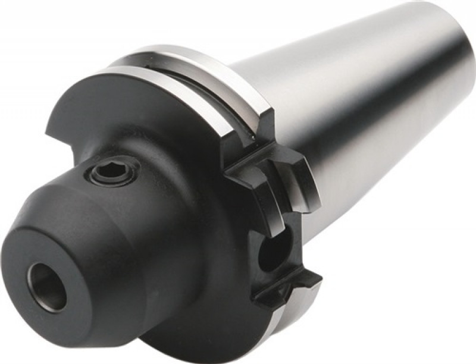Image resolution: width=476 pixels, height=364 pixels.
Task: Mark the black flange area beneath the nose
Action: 178,309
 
